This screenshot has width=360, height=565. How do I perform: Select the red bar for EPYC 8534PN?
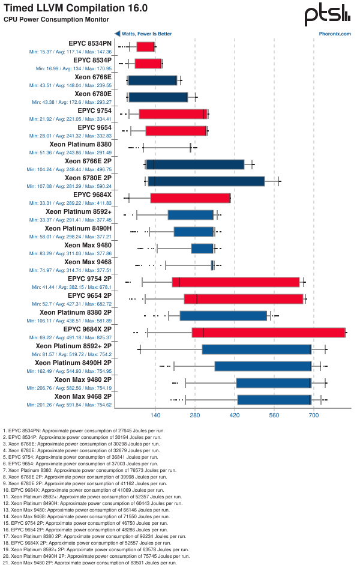(x=145, y=47)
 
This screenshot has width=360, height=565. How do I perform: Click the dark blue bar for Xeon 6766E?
(x=152, y=80)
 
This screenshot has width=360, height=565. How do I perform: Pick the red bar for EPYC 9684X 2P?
(x=268, y=333)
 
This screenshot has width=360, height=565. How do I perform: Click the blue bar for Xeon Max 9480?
(x=202, y=249)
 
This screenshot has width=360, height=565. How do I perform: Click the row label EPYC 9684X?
(x=92, y=195)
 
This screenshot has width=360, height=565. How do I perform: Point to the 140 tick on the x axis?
(x=155, y=415)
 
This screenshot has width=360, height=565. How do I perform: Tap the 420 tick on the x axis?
(x=235, y=415)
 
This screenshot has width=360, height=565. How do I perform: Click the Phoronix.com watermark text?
(x=338, y=34)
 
